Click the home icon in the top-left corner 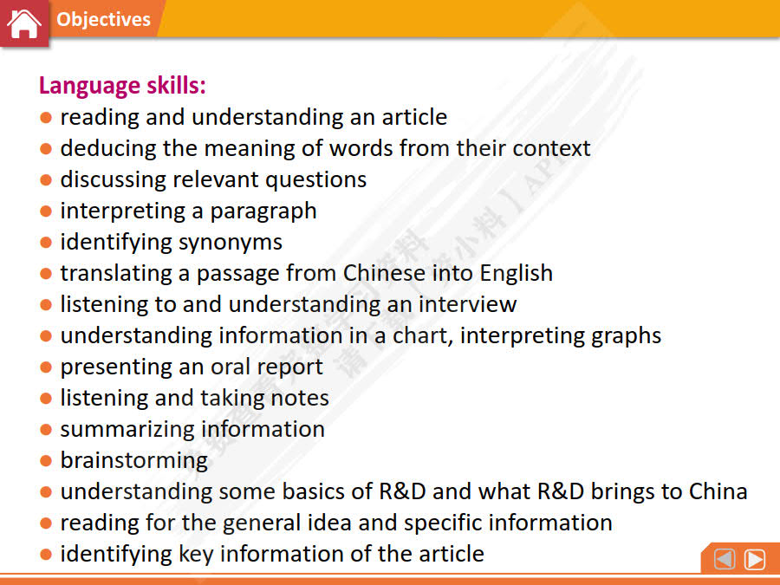pyautogui.click(x=23, y=23)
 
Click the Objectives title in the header pyautogui.click(x=103, y=19)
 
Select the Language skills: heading pyautogui.click(x=122, y=86)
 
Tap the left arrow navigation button pyautogui.click(x=725, y=560)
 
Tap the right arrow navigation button pyautogui.click(x=755, y=560)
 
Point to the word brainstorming pyautogui.click(x=133, y=460)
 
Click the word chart pyautogui.click(x=419, y=335)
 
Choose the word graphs pyautogui.click(x=622, y=335)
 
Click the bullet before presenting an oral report pyautogui.click(x=46, y=367)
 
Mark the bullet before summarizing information pyautogui.click(x=46, y=430)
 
